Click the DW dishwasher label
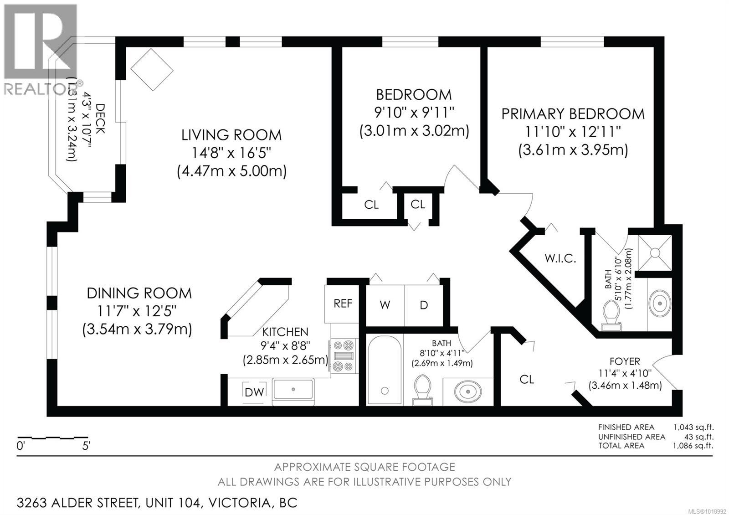(254, 392)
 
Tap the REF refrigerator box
(343, 304)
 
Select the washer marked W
(385, 305)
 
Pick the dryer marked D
(424, 305)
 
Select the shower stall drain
(655, 252)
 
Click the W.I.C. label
(560, 259)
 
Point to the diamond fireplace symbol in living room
(152, 69)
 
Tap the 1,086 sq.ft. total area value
(693, 445)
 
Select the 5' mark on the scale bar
(87, 446)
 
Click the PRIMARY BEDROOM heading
(573, 114)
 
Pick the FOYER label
(625, 361)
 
